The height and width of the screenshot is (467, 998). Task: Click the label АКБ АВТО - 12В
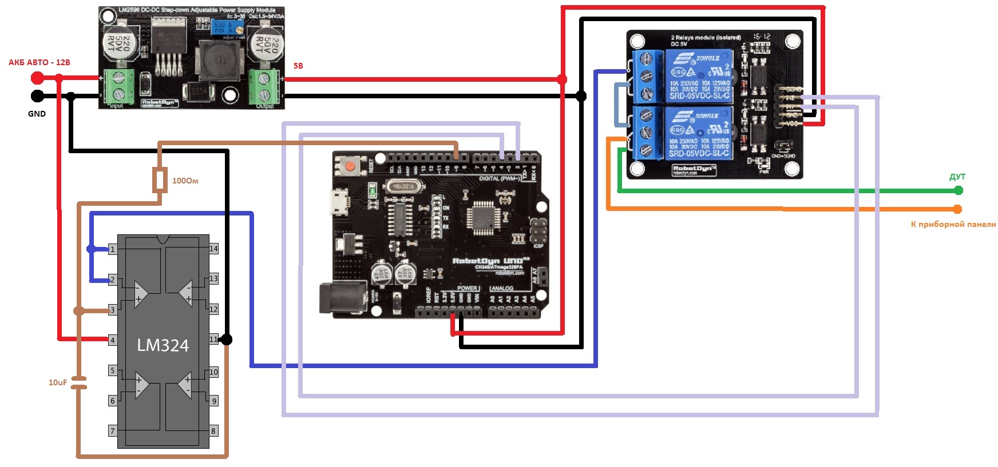click(x=39, y=62)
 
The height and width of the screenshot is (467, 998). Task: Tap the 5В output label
click(x=298, y=66)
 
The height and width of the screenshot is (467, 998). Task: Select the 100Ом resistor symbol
click(x=160, y=180)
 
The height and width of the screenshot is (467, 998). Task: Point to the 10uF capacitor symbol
click(x=80, y=383)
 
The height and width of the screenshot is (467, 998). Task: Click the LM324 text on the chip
click(x=163, y=345)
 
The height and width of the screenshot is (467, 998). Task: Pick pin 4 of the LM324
click(x=113, y=340)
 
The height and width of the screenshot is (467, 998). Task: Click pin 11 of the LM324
click(x=213, y=340)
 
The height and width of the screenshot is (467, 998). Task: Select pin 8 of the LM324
click(x=213, y=431)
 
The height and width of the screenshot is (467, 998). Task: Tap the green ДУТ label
click(x=957, y=177)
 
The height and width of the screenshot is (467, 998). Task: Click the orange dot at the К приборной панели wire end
click(x=957, y=209)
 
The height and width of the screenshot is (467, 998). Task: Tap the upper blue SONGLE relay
click(x=699, y=76)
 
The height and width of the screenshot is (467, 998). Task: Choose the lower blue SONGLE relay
click(x=699, y=134)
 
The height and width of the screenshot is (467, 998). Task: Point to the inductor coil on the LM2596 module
click(x=220, y=60)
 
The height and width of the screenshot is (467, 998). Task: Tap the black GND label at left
click(x=37, y=114)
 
